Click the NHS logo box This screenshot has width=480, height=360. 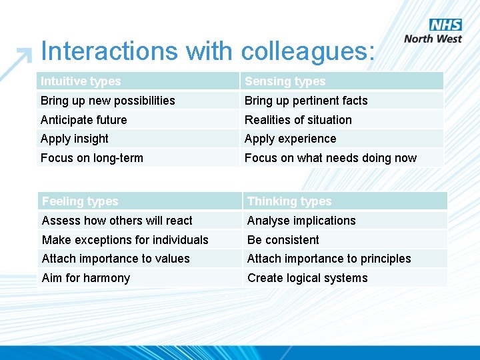click(445, 25)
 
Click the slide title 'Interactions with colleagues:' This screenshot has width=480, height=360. click(208, 51)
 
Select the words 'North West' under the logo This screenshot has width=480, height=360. click(433, 39)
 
